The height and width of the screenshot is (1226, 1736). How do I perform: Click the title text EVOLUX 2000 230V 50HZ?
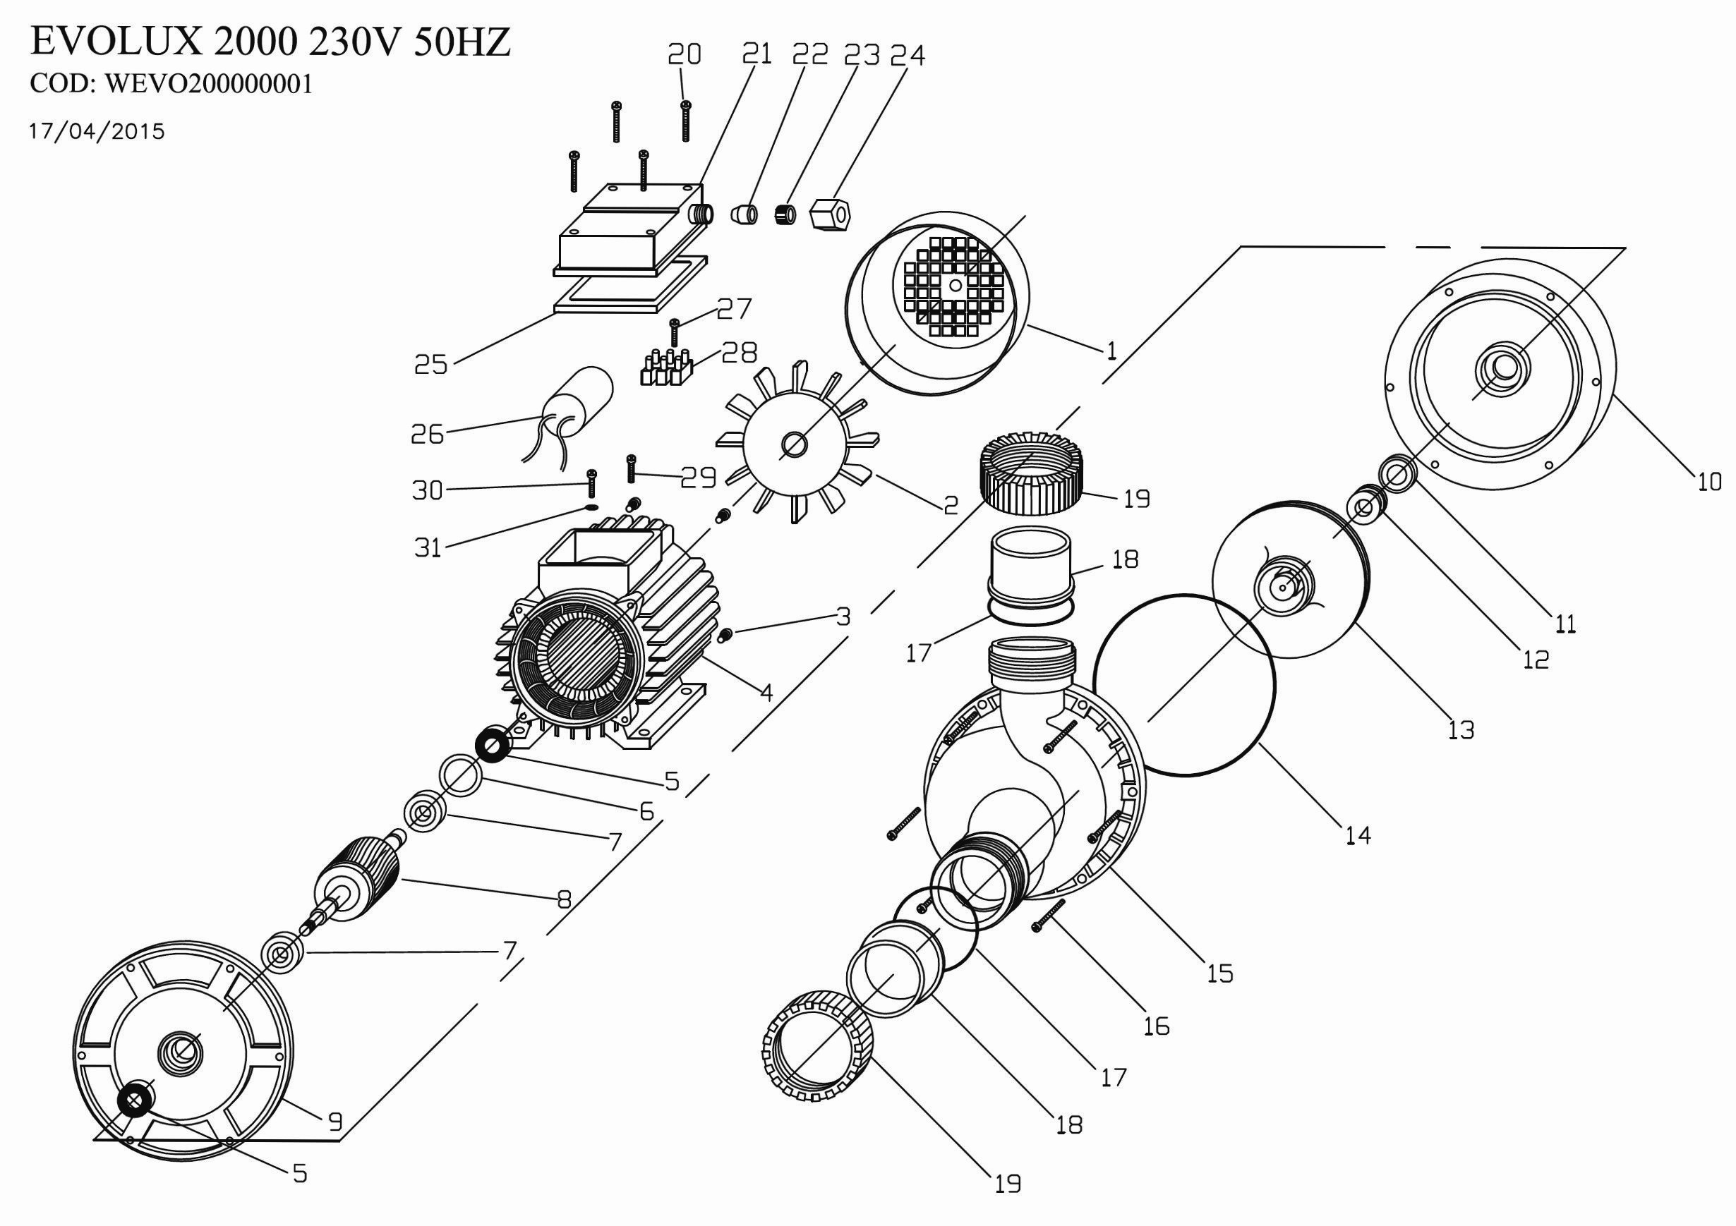[x=270, y=43]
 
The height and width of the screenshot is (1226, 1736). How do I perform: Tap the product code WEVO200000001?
[x=171, y=84]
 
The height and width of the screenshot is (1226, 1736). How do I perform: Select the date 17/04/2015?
[x=97, y=131]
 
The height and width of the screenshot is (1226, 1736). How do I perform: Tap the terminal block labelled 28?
[x=666, y=369]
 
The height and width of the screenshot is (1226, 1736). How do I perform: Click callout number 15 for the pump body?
[x=1219, y=973]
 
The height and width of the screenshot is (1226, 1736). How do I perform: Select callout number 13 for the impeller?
[x=1461, y=729]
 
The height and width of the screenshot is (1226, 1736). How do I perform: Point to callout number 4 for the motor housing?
[x=766, y=691]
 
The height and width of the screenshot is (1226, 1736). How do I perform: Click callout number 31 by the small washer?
[x=427, y=547]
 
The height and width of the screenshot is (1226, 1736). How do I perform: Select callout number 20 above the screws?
[x=685, y=54]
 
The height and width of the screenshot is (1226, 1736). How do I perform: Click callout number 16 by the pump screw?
[x=1157, y=1026]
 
